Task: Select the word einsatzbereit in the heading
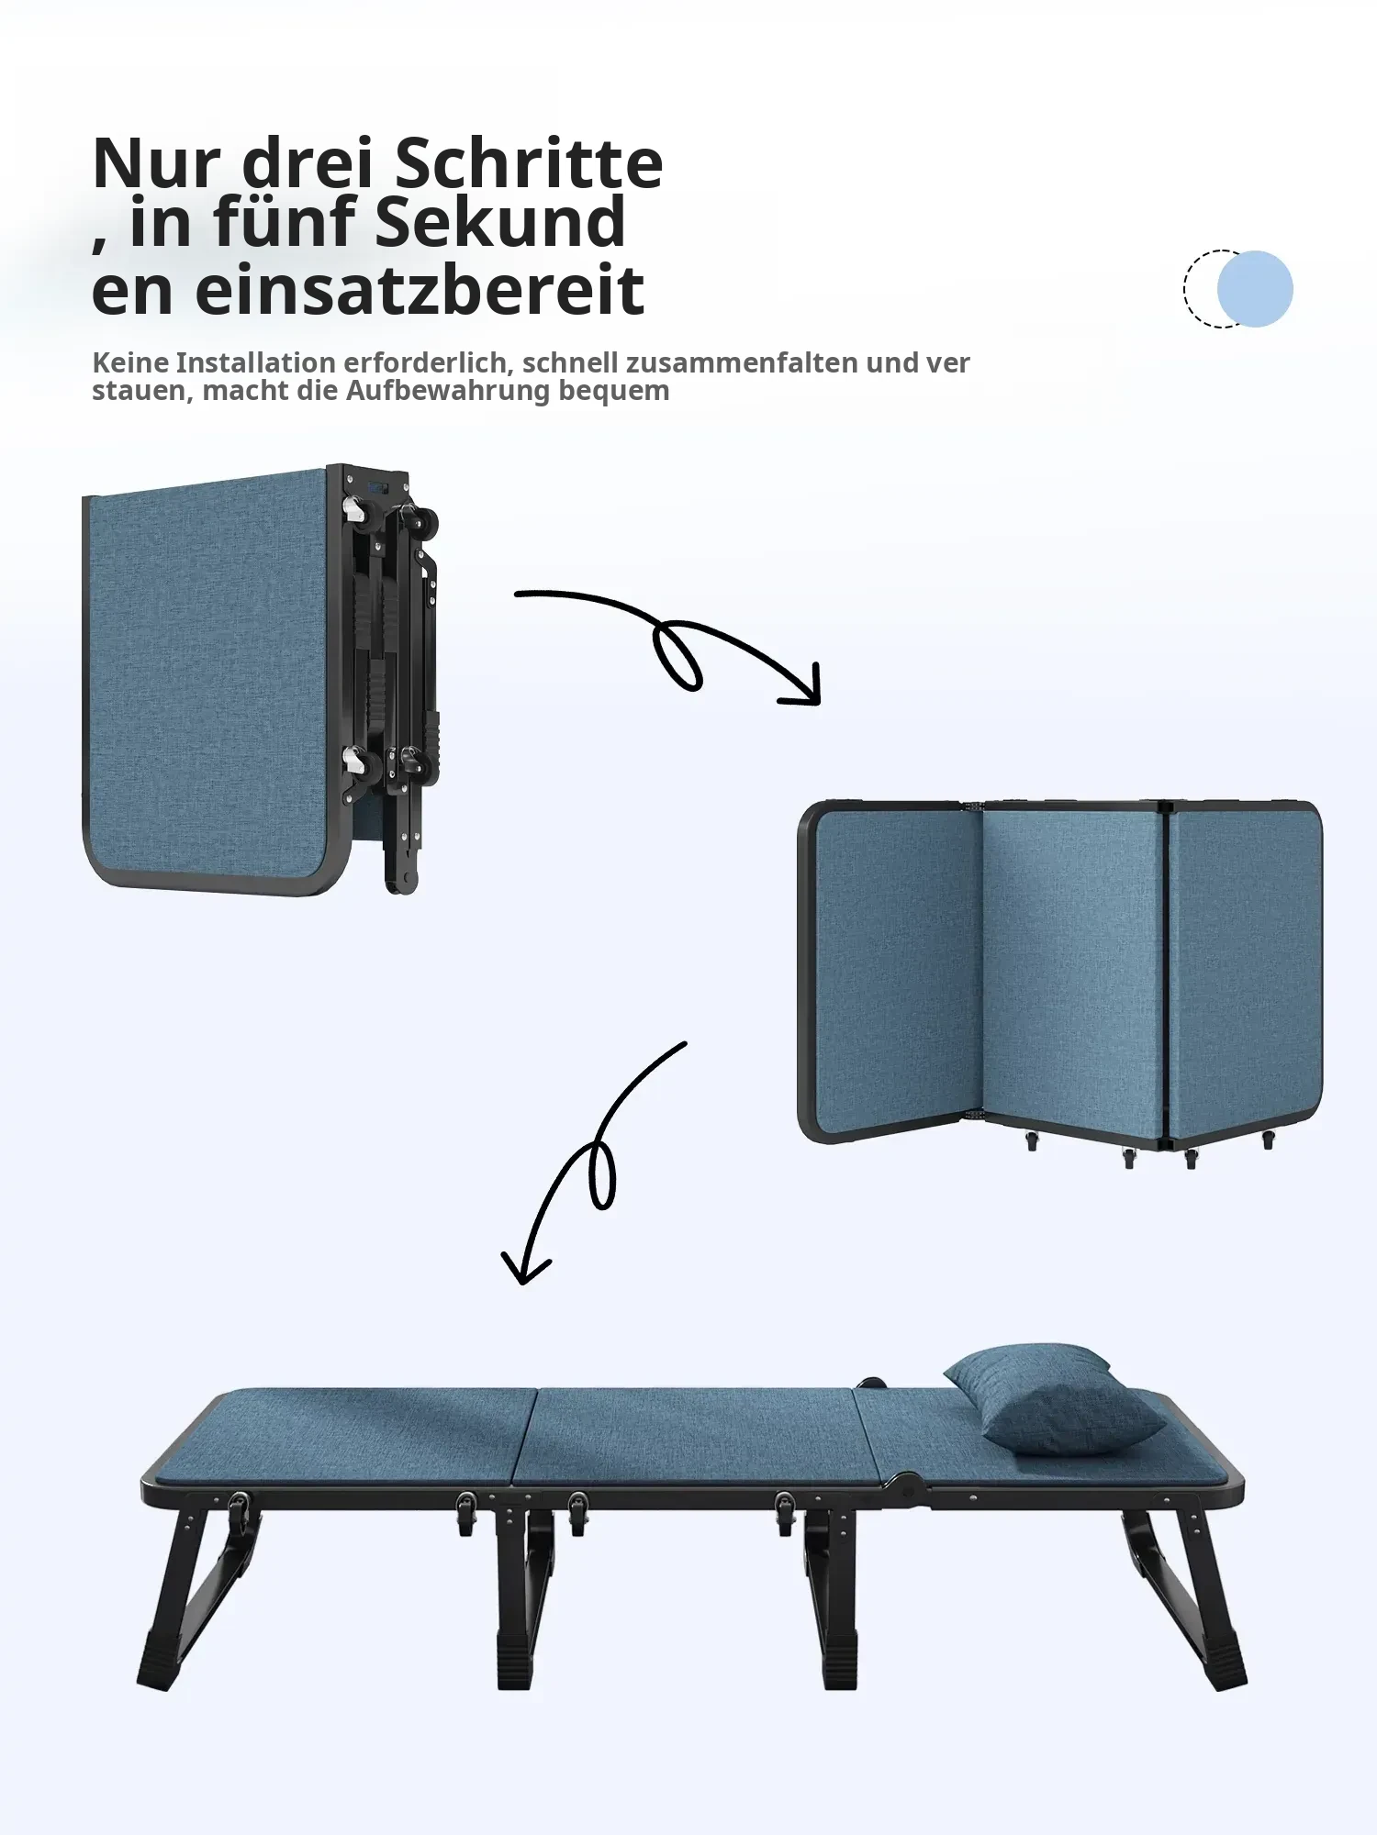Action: [420, 290]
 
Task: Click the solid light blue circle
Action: [1255, 289]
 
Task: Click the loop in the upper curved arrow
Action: [677, 655]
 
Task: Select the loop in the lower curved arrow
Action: [602, 1175]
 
